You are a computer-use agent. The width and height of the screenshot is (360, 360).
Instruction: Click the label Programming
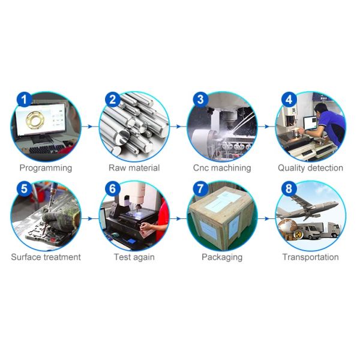[46, 168]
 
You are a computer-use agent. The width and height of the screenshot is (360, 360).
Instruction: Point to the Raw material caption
[134, 168]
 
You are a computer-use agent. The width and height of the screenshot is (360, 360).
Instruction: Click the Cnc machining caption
[222, 168]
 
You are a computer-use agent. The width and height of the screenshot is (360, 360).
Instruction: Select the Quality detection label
[310, 168]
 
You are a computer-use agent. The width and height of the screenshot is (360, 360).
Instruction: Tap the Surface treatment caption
[46, 257]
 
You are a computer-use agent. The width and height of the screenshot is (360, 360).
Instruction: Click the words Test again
[134, 257]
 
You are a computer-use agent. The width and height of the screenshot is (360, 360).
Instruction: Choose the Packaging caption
[222, 257]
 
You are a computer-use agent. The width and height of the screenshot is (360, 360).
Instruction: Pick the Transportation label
[310, 257]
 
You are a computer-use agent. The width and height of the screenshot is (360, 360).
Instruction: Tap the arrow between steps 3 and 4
[266, 127]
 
